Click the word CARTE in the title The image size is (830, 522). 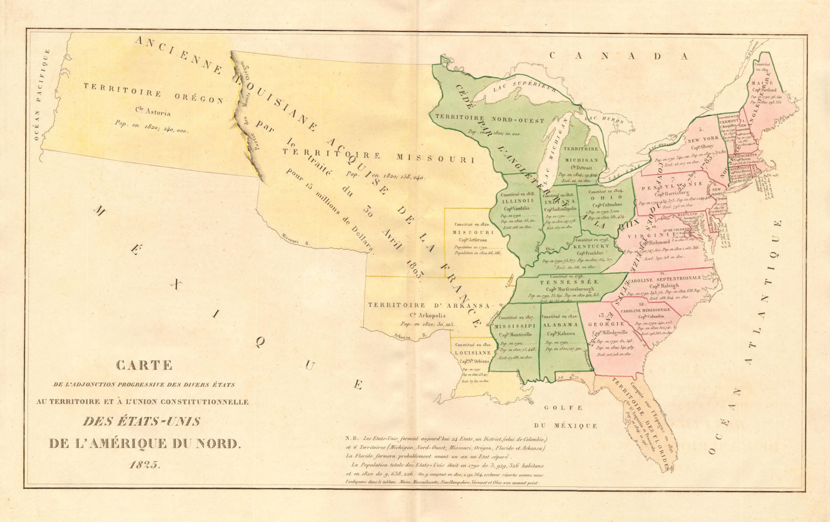[144, 365]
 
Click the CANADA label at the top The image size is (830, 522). [619, 56]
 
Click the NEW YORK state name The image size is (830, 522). [703, 138]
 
